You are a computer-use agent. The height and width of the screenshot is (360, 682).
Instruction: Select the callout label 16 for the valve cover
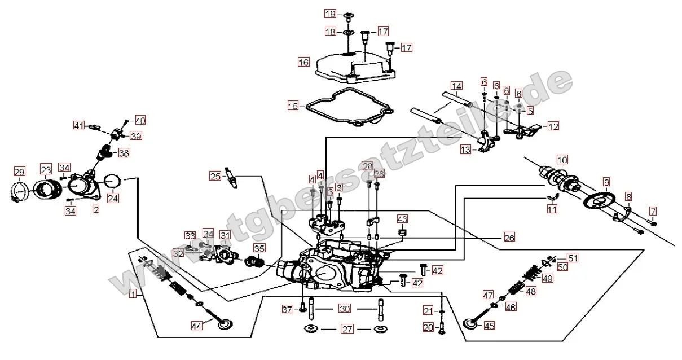pyautogui.click(x=304, y=62)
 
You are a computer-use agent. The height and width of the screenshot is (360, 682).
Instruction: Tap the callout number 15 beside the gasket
pyautogui.click(x=292, y=106)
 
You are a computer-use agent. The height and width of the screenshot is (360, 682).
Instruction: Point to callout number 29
pyautogui.click(x=19, y=172)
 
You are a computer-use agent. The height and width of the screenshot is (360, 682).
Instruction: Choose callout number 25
pyautogui.click(x=214, y=177)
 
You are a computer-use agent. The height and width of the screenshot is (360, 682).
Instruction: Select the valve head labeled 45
pyautogui.click(x=471, y=324)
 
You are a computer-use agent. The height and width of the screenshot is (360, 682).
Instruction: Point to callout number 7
pyautogui.click(x=653, y=212)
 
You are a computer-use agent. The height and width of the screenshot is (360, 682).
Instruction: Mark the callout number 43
pyautogui.click(x=402, y=218)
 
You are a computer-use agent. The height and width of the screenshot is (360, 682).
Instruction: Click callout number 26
pyautogui.click(x=509, y=238)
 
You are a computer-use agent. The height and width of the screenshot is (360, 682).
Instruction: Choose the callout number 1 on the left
pyautogui.click(x=133, y=294)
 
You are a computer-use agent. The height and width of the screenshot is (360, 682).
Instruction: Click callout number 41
pyautogui.click(x=79, y=125)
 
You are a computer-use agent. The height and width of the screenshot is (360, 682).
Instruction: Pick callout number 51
pyautogui.click(x=573, y=258)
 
